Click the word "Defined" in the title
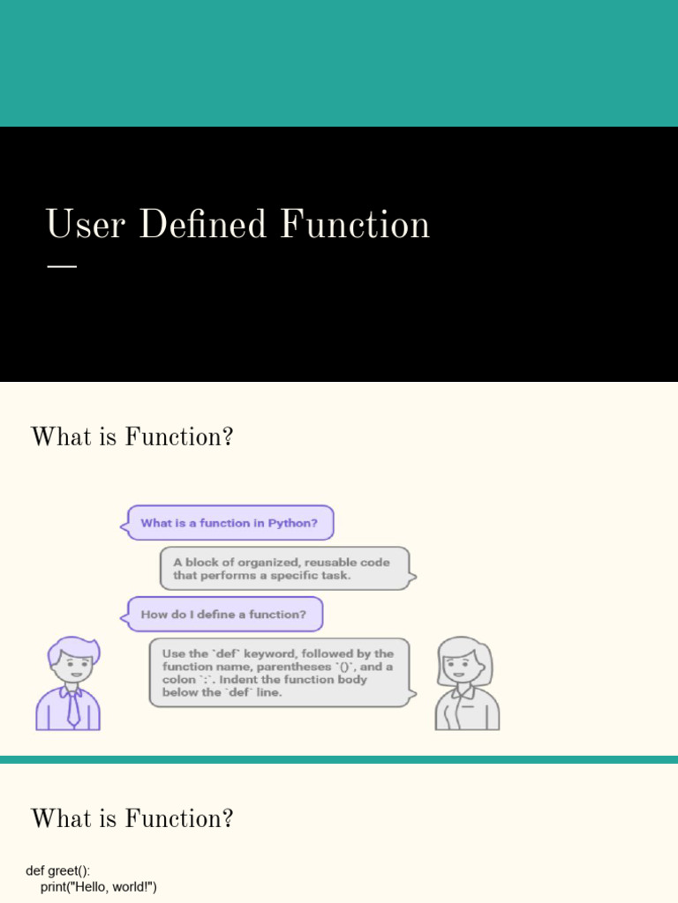(203, 223)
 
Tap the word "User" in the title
(86, 223)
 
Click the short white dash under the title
(62, 266)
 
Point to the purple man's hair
(73, 648)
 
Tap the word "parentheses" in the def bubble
(293, 667)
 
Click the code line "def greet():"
(58, 870)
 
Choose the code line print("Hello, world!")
(99, 887)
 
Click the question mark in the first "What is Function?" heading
(228, 437)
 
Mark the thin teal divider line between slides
(339, 759)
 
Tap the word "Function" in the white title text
(355, 223)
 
